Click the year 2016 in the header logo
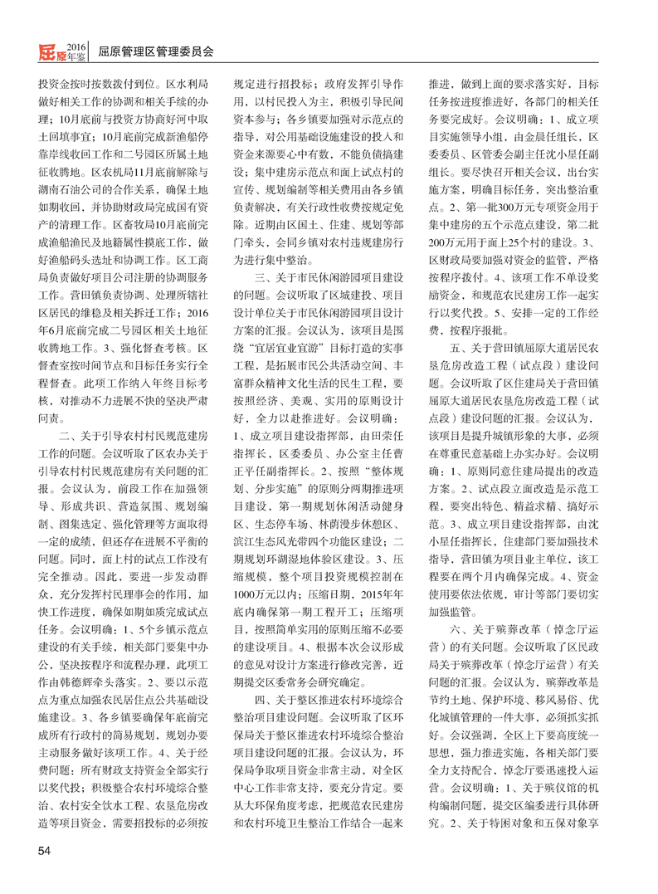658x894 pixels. click(76, 43)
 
